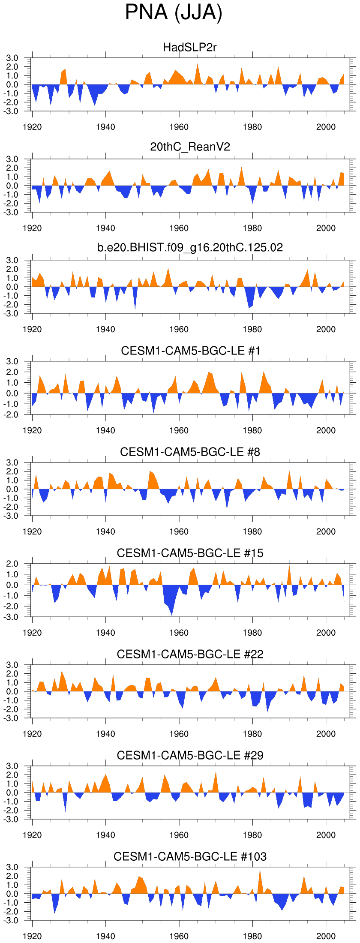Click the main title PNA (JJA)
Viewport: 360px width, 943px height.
click(x=174, y=13)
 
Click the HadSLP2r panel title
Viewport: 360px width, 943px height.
click(x=190, y=47)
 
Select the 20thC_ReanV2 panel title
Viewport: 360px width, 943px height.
click(x=190, y=147)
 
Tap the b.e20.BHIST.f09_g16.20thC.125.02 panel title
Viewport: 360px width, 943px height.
click(x=190, y=247)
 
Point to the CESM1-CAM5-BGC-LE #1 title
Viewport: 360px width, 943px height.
click(x=190, y=351)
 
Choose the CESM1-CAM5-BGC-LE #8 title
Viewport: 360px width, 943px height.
click(x=190, y=452)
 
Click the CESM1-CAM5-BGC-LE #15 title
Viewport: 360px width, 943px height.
click(x=190, y=553)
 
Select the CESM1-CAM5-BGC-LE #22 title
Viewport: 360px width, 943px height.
click(x=190, y=654)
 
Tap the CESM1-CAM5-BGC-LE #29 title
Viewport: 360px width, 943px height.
click(x=190, y=755)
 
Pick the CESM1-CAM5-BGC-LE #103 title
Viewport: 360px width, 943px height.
click(x=190, y=856)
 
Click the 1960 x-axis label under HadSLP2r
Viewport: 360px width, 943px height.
click(x=179, y=127)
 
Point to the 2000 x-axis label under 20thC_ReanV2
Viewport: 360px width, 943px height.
click(x=326, y=228)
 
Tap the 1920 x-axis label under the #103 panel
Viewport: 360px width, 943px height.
click(x=32, y=936)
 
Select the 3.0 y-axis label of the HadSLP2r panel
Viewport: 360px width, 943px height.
click(x=12, y=58)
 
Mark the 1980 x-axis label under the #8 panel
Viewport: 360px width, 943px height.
click(x=252, y=532)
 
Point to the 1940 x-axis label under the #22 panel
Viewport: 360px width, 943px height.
click(x=105, y=734)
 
